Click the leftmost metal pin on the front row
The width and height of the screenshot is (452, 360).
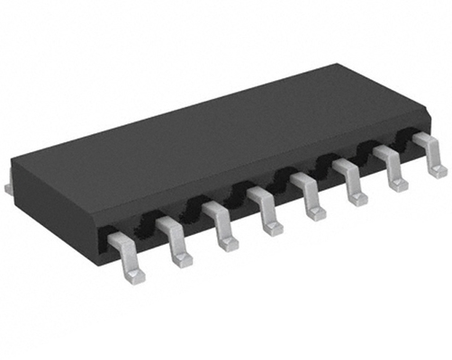126,257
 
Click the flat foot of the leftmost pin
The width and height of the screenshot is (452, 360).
134,274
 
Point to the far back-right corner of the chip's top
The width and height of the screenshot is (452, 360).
340,65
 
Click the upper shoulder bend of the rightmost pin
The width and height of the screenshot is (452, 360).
420,139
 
